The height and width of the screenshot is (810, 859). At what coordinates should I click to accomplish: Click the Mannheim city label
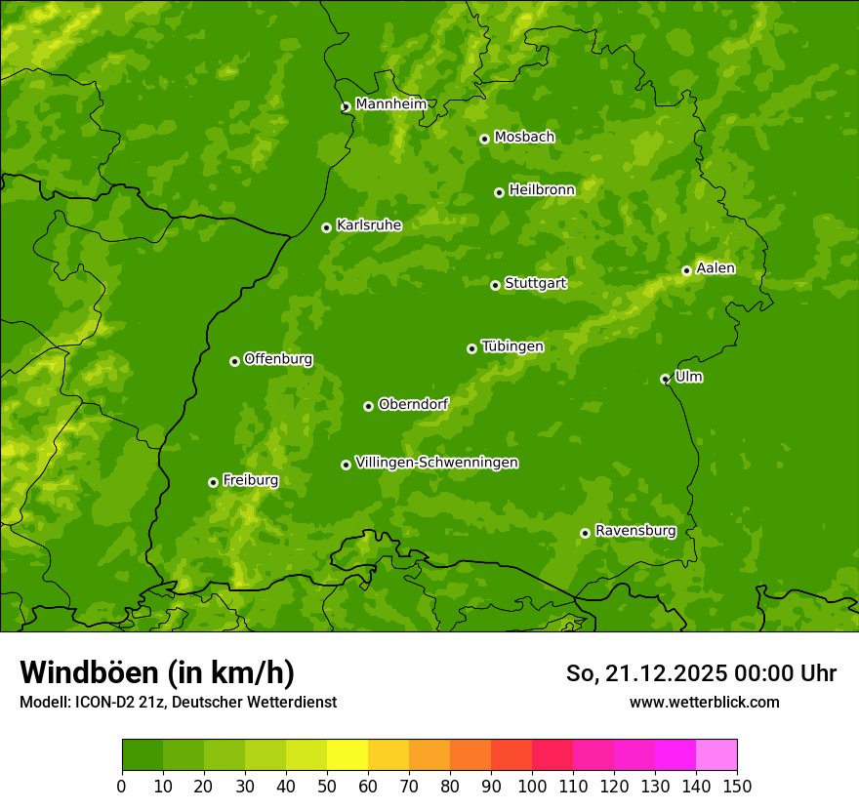coord(390,104)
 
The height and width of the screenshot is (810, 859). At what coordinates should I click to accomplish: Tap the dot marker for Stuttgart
coord(495,285)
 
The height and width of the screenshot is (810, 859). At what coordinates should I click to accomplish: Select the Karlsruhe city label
coord(369,225)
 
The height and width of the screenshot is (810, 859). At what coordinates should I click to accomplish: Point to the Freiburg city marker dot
coord(213,482)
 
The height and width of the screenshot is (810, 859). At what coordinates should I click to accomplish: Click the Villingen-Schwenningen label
coord(436,463)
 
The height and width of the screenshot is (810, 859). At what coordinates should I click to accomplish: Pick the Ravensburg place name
coord(635,531)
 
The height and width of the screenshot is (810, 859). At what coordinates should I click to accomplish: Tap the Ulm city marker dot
coord(665,379)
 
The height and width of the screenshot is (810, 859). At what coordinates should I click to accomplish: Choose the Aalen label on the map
coord(716,268)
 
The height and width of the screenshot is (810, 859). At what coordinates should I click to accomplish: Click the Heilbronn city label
coord(542,190)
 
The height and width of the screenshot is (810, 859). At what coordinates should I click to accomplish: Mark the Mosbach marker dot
coord(484,139)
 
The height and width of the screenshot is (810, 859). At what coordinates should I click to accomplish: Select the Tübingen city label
coord(512,346)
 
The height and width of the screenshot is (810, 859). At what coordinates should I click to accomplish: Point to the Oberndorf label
coord(413,404)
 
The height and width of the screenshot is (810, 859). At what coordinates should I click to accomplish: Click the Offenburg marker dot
coord(234,361)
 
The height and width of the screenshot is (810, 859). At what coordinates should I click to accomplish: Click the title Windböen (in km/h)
coord(156,672)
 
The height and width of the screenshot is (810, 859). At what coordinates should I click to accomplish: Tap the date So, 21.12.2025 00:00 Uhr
coord(701,673)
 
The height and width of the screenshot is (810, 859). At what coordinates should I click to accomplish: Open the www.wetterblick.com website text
coord(704,702)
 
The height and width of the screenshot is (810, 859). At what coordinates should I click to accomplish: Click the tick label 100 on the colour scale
coord(532,786)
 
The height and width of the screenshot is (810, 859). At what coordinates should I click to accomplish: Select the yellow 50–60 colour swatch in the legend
coord(348,755)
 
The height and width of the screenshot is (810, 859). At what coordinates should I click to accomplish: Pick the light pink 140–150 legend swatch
coord(716,755)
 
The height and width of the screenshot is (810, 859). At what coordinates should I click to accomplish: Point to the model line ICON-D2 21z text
coord(178,702)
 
